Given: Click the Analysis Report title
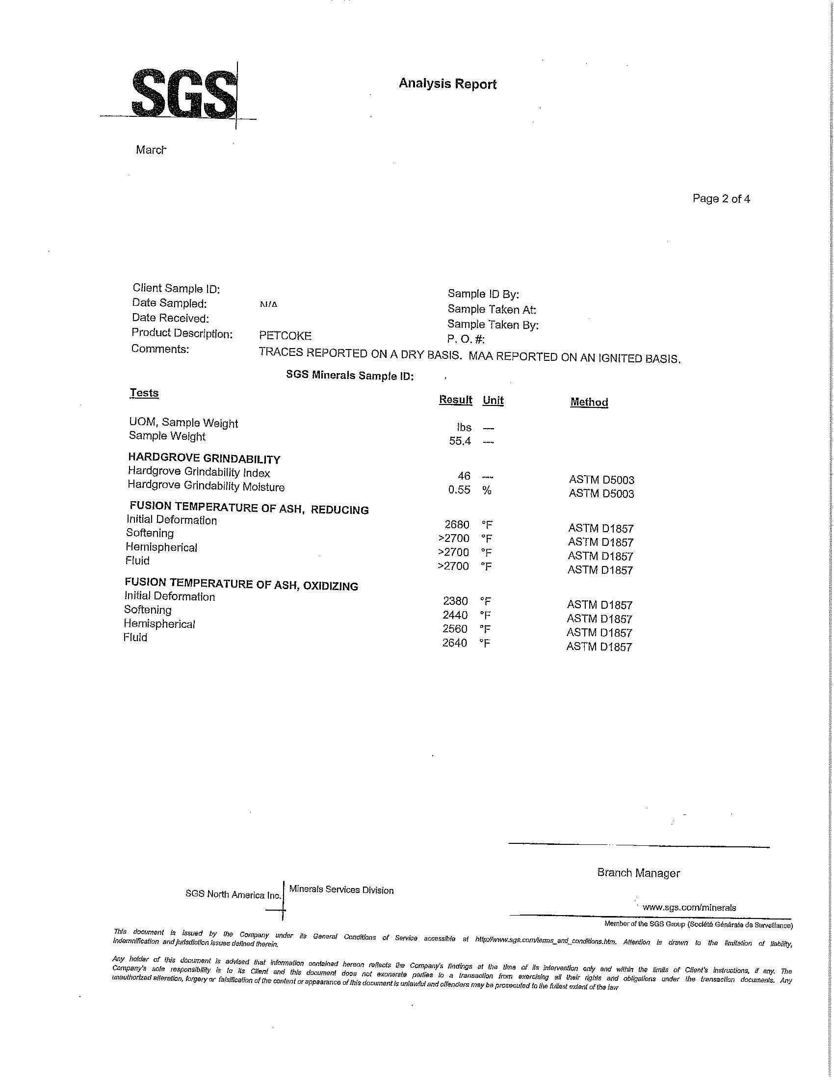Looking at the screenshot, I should (x=447, y=83).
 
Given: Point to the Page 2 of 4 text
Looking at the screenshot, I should (x=721, y=199).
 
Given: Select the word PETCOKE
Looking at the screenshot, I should (x=285, y=336).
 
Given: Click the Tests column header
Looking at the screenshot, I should (x=144, y=393).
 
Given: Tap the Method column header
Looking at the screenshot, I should (x=589, y=402).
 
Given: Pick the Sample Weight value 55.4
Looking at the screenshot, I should (x=460, y=441).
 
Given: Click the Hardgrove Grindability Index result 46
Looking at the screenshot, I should (x=464, y=476).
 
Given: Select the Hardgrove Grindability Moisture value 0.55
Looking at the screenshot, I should (x=459, y=490).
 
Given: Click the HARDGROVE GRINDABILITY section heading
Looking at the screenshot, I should (x=204, y=459).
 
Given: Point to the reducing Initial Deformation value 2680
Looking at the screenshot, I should (x=457, y=524).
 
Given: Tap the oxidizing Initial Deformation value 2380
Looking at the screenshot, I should (x=456, y=601).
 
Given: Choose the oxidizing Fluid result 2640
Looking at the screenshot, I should (x=455, y=643).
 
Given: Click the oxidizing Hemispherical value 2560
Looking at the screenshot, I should (x=455, y=628).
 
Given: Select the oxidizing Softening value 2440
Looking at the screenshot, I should (x=456, y=615).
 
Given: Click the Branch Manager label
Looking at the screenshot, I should (x=638, y=873).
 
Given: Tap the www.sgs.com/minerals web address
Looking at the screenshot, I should (x=689, y=907).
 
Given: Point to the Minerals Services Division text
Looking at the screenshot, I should (x=341, y=890).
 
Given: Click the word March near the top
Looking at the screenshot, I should (x=151, y=150).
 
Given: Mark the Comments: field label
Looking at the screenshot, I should (x=160, y=349).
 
